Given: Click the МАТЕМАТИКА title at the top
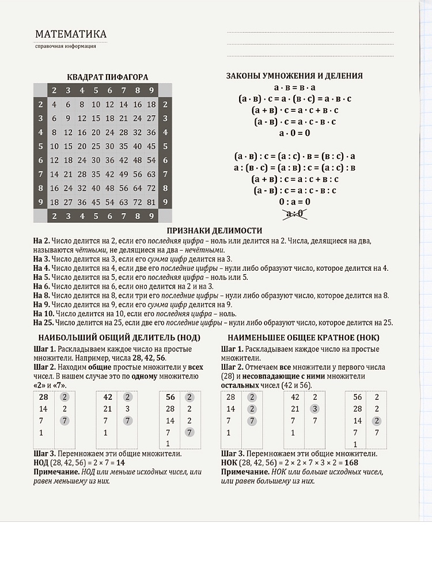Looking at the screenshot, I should coord(71,34).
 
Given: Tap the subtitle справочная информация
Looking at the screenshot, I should coord(65,46).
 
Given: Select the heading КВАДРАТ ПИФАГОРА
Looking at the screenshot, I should coord(108,77).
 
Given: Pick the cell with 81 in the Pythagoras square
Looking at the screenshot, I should coord(151,202).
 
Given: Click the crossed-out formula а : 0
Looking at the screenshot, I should coord(294,213).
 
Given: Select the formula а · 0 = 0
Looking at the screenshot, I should coord(294,132).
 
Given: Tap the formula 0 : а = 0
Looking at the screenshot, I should coord(294,202).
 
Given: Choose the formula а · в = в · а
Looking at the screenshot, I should coord(294,87).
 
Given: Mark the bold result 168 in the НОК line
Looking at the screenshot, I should coord(351,463).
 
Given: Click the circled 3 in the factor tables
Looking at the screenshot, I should coord(314,408).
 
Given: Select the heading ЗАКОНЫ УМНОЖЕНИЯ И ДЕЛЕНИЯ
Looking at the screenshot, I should coord(294,75).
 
